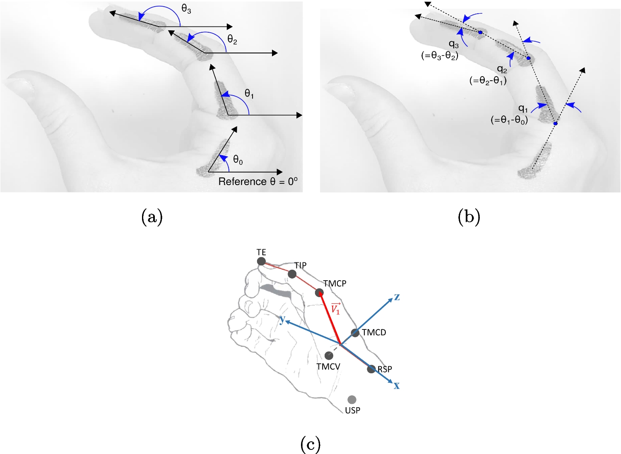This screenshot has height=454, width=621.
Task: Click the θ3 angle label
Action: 186,9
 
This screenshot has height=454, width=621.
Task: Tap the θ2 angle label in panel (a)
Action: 232,40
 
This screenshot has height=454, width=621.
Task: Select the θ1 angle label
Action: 249,94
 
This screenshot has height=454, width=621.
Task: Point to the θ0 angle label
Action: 238,160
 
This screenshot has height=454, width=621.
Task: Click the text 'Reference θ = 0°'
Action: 258,182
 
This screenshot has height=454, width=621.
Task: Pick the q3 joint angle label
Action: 454,44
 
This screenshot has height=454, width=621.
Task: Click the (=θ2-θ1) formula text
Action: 488,81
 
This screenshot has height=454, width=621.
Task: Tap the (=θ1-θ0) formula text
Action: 509,120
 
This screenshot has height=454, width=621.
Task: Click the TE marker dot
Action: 261,261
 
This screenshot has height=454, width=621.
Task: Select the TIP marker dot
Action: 292,274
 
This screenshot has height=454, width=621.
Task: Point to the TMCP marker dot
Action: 319,293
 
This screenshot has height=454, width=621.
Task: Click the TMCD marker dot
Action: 355,333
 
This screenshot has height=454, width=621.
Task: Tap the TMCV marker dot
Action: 329,356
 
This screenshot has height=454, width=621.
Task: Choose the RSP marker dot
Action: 371,369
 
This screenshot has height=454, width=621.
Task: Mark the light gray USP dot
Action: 352,399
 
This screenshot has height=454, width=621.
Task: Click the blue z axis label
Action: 397,297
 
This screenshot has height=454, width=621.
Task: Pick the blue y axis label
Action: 282,319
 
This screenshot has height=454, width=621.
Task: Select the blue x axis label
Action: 397,386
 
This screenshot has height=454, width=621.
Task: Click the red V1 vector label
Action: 335,309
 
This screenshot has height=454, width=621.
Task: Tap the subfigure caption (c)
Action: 310,444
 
